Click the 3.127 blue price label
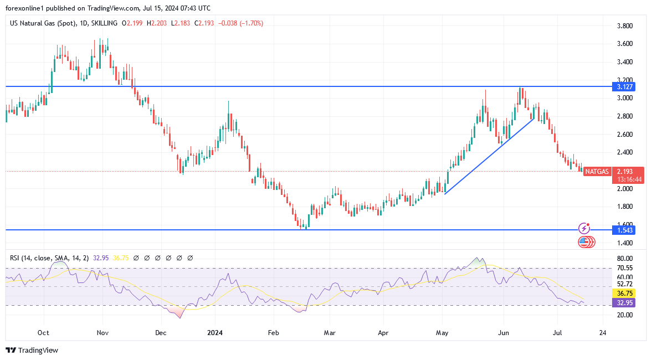point(623,86)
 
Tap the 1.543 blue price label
point(623,230)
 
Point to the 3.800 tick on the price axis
point(625,26)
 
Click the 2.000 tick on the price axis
point(625,189)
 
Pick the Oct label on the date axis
point(43,333)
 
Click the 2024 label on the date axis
point(214,333)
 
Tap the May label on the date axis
point(442,333)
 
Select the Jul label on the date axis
point(557,333)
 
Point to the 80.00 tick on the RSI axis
point(625,259)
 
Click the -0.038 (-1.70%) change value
point(241,23)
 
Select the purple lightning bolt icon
point(584,228)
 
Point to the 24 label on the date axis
point(602,333)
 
